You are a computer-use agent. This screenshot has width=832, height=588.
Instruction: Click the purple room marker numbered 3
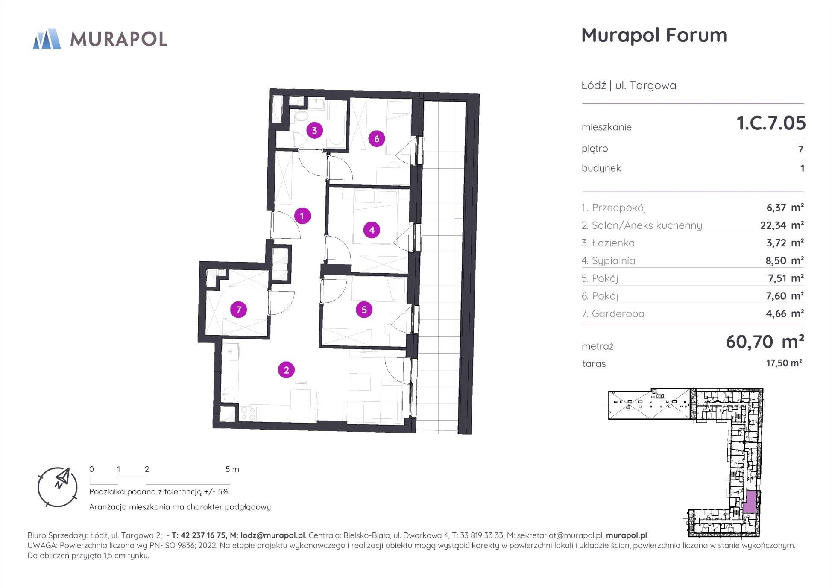click(314, 130)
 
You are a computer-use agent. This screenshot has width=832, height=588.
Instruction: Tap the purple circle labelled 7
click(238, 310)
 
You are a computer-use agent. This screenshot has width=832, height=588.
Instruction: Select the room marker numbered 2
click(286, 370)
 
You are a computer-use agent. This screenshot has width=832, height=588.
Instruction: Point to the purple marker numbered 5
click(364, 310)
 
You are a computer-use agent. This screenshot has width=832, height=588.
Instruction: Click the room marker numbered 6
click(376, 139)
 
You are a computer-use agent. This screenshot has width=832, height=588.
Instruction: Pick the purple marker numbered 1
click(302, 216)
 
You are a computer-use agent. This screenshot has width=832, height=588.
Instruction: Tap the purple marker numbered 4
click(372, 230)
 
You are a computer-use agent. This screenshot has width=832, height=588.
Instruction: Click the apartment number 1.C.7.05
click(771, 123)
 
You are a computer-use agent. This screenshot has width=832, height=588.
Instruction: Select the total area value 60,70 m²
click(765, 342)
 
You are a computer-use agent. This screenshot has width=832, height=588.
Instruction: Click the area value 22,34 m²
click(782, 225)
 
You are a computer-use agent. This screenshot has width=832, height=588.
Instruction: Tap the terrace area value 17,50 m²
click(784, 363)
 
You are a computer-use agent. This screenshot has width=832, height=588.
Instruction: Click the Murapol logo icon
click(47, 39)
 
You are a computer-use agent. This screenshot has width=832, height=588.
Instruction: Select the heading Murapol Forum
click(654, 35)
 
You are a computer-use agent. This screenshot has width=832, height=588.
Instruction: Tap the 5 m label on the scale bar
click(232, 469)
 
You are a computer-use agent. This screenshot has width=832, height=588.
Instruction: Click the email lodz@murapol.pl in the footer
click(272, 535)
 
